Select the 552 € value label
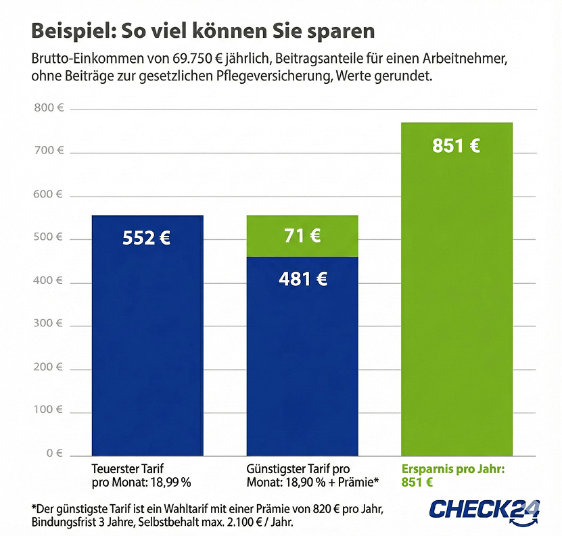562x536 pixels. (147, 238)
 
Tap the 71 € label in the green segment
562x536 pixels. (302, 236)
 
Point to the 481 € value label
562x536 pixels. (302, 278)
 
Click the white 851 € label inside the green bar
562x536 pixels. (456, 145)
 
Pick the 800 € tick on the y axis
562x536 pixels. (49, 107)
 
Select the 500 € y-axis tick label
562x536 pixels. (49, 237)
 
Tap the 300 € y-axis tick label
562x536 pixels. (49, 324)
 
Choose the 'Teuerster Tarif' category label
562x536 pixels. (128, 468)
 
